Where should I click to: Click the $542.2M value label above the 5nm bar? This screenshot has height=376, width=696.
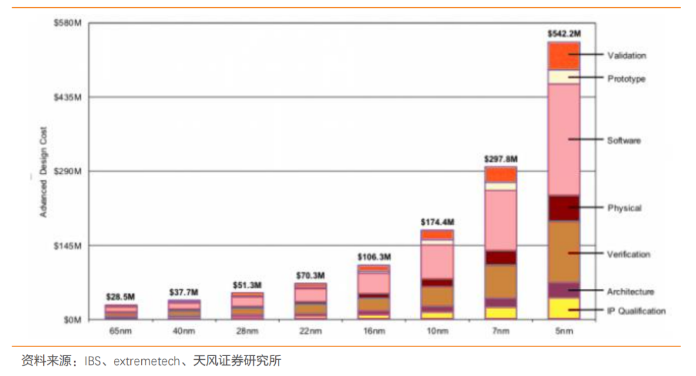coord(564,33)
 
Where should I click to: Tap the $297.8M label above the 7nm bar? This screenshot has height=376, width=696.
coord(501,159)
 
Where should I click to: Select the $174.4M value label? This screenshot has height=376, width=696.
coord(438,223)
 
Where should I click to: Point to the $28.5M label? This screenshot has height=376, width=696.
coord(121,297)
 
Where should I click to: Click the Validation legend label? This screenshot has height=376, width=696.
coord(626,55)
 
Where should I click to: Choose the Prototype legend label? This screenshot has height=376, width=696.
coord(626,79)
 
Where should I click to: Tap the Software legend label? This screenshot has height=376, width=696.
coord(624,140)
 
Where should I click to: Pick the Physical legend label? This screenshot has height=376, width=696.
coord(624,208)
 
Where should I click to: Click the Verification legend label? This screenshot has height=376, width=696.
coord(628,254)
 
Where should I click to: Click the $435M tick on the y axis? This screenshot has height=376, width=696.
coord(66,97)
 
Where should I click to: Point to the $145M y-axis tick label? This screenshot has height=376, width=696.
coord(66,246)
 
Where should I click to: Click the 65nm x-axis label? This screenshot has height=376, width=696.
coord(121,331)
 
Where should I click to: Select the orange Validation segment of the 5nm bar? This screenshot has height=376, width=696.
coord(564,56)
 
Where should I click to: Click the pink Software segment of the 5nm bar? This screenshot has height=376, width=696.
coord(564,139)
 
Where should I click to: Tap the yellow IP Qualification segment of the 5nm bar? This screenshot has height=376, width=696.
coord(564,308)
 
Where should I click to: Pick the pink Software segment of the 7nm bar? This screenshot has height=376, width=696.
coord(501,220)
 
